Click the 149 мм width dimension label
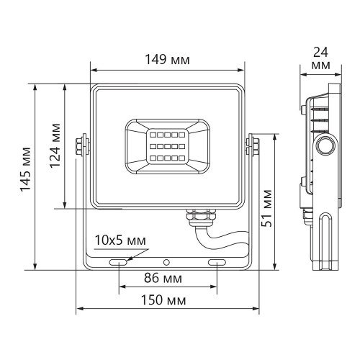[166, 60]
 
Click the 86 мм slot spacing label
[166, 278]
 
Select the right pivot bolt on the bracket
[253, 144]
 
